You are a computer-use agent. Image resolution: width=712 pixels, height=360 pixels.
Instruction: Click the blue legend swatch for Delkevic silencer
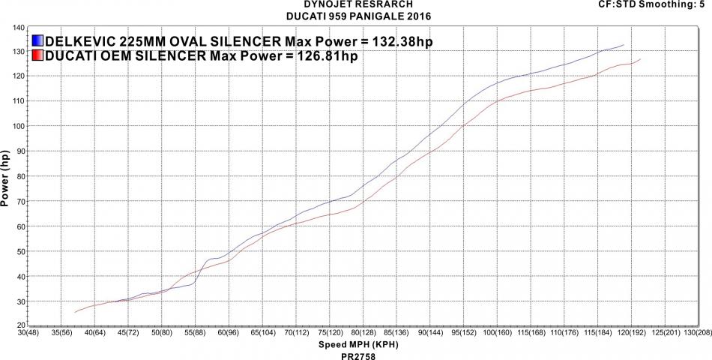coord(38,40)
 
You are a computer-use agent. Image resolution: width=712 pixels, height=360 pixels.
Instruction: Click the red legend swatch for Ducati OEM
coord(38,55)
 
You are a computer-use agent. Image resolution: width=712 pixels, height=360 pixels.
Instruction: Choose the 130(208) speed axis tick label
coord(692,331)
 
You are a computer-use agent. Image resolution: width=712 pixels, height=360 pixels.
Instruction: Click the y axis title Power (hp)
coord(6,178)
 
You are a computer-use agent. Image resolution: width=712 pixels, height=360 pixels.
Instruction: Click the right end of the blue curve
coord(624,46)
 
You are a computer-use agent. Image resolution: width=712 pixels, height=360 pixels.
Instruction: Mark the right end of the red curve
coord(641,59)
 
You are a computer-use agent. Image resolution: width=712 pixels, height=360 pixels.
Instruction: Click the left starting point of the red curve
coord(75,312)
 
